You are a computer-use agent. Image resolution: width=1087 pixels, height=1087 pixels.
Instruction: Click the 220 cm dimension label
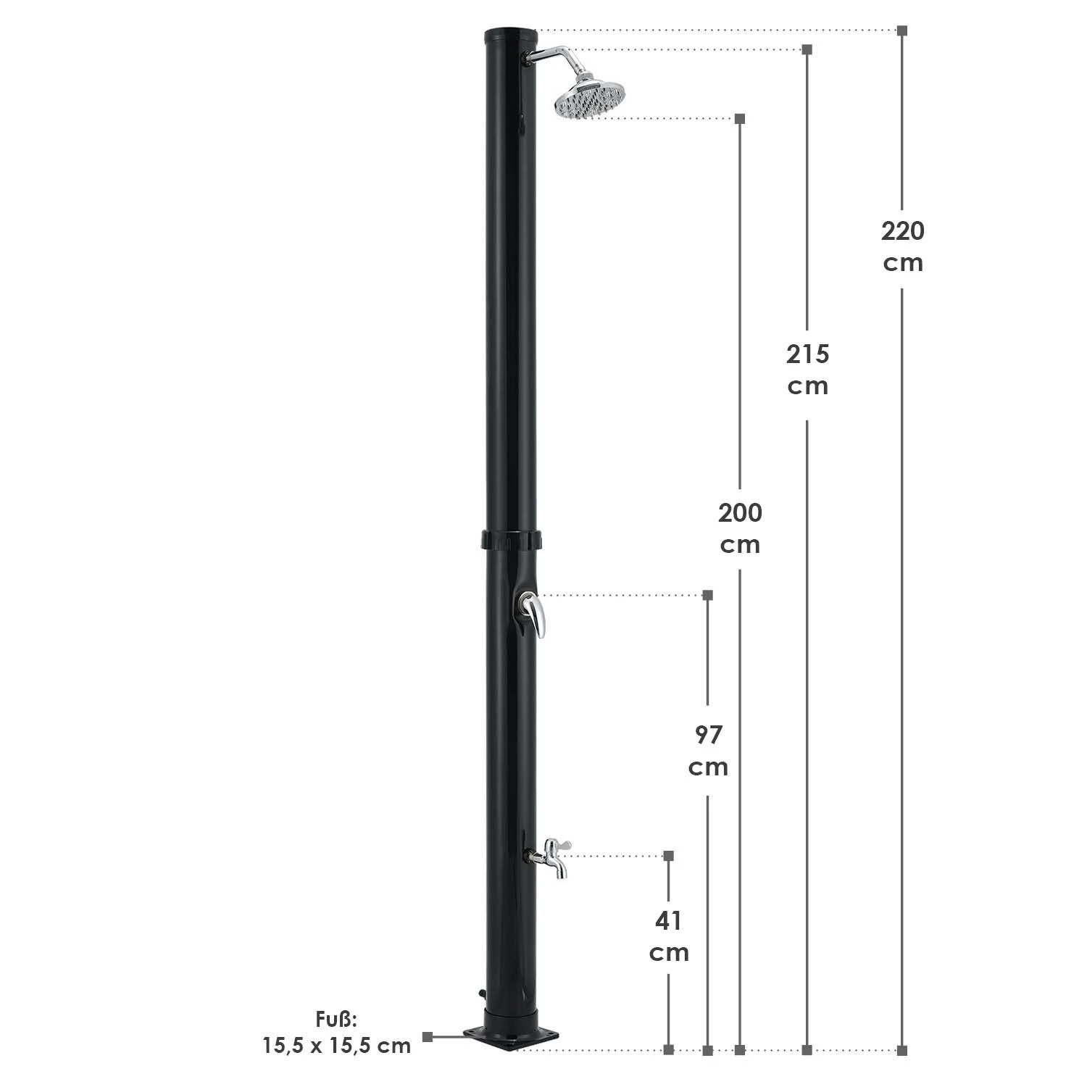903,246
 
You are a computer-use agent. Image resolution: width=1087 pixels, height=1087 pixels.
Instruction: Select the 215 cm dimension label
808,370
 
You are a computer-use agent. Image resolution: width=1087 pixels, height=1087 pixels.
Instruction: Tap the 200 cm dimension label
740,528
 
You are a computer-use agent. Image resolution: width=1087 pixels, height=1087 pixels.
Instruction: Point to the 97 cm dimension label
708,750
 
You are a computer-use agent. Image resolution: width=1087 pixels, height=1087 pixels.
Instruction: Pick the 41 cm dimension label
668,936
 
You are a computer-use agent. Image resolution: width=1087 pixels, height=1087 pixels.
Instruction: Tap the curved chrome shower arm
545,56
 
